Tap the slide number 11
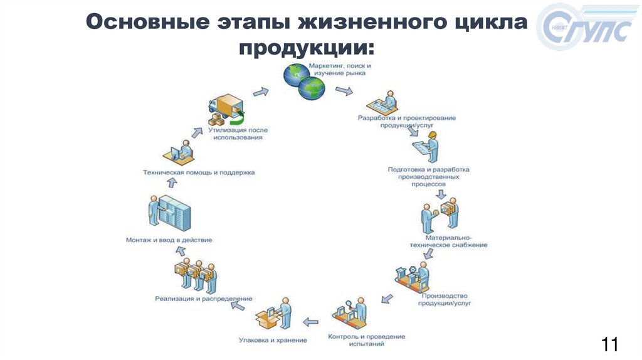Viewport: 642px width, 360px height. tap(609, 344)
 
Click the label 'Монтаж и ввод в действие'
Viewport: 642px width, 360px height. tap(169, 240)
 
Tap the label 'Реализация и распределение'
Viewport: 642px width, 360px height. tap(204, 299)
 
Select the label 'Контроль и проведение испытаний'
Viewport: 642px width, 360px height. tap(367, 340)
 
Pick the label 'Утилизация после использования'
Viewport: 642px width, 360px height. tap(238, 134)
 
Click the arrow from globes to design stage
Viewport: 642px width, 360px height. tap(344, 92)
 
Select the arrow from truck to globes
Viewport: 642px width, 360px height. tap(261, 92)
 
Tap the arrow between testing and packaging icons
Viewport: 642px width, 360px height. tap(310, 322)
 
